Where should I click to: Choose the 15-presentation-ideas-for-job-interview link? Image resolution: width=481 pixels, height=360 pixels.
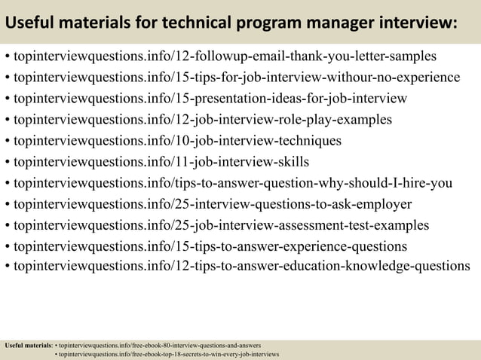211,99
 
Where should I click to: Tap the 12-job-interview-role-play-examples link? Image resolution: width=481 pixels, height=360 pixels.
203,120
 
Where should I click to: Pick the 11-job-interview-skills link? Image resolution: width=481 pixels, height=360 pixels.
161,162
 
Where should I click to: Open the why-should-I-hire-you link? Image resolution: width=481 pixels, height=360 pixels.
233,183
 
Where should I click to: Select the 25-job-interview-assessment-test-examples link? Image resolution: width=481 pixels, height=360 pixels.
222,225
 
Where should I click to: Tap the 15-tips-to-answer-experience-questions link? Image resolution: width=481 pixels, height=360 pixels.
210,246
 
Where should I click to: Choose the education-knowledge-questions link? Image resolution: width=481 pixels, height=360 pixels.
241,266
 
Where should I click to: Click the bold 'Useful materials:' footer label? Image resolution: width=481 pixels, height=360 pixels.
29,346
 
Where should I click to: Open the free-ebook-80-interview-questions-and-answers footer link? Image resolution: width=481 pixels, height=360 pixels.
161,346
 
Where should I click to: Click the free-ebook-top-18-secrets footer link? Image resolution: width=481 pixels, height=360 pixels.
170,354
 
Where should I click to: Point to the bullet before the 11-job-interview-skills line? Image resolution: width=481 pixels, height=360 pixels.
7,162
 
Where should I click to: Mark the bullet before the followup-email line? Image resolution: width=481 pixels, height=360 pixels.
7,56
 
